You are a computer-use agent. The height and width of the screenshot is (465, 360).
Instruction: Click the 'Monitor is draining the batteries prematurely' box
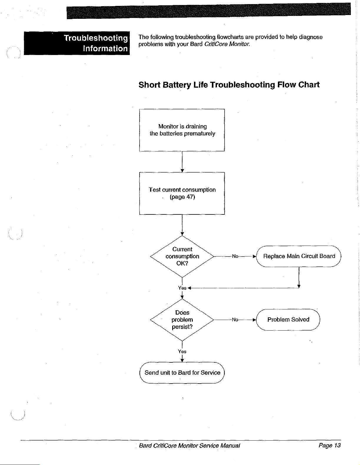pos(182,130)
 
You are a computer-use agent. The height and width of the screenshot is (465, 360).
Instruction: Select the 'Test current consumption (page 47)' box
pos(182,193)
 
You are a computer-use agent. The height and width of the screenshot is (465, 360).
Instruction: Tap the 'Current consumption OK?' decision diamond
pos(182,256)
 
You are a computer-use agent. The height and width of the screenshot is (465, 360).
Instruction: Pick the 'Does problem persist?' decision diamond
pos(182,320)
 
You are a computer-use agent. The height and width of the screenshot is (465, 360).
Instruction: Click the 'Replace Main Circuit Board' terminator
pos(299,256)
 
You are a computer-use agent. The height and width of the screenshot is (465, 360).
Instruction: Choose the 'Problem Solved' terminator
pos(288,319)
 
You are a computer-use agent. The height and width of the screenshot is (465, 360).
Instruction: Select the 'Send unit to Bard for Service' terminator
pos(182,373)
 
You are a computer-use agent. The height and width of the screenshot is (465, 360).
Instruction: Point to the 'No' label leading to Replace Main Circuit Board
pos(235,256)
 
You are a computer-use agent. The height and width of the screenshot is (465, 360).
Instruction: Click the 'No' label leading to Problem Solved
pos(235,319)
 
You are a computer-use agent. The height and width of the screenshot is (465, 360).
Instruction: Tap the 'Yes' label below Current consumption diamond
pos(182,288)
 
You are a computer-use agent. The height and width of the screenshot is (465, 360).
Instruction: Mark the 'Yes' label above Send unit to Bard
pos(182,351)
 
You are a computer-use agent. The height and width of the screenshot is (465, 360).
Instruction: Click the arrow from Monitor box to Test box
pos(182,161)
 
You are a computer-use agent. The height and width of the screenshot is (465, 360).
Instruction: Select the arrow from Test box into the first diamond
pos(182,225)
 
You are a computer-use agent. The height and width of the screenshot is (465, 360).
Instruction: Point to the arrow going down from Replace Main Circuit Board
pos(299,277)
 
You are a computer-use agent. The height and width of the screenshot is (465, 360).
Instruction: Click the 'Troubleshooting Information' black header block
pos(77,43)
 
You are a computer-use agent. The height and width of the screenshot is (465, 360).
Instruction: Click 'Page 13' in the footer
pos(329,445)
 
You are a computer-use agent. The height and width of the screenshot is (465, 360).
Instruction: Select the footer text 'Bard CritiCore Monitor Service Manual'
pos(189,446)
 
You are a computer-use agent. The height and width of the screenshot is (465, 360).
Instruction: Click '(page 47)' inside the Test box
pos(182,197)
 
